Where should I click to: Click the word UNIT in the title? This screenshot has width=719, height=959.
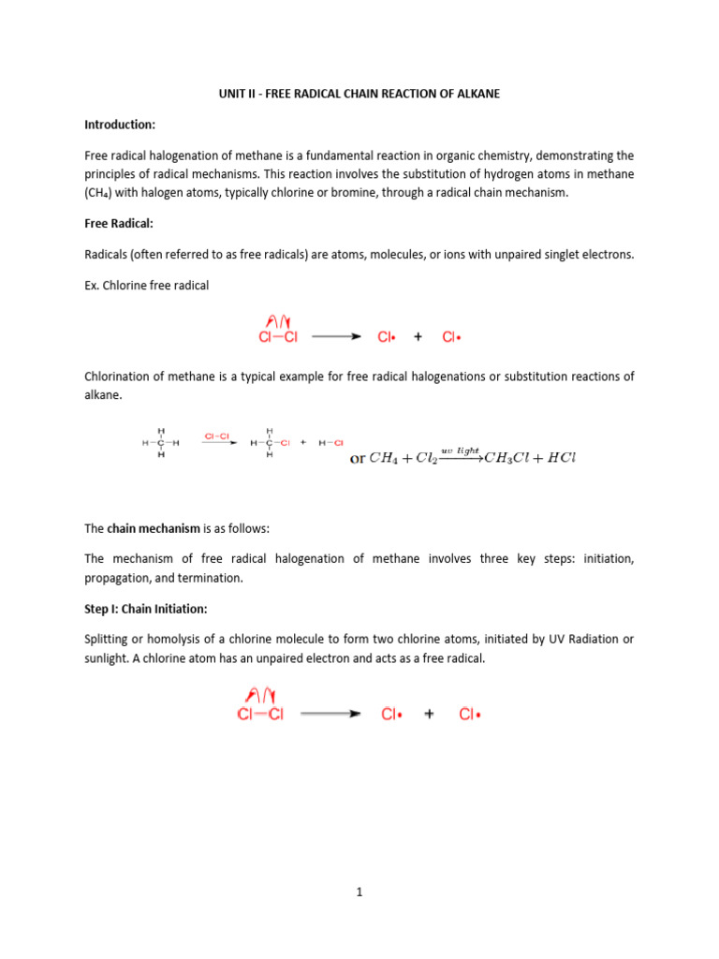(x=218, y=95)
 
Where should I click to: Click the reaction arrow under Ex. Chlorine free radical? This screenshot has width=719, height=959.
(x=335, y=337)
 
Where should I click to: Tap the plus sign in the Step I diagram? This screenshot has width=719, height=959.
(x=429, y=714)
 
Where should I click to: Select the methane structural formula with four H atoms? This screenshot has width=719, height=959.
(x=161, y=442)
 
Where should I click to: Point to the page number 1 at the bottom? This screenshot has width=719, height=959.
(x=359, y=893)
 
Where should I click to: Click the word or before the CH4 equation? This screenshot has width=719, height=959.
(x=358, y=459)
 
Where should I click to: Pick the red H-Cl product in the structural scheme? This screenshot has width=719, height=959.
(x=331, y=442)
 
